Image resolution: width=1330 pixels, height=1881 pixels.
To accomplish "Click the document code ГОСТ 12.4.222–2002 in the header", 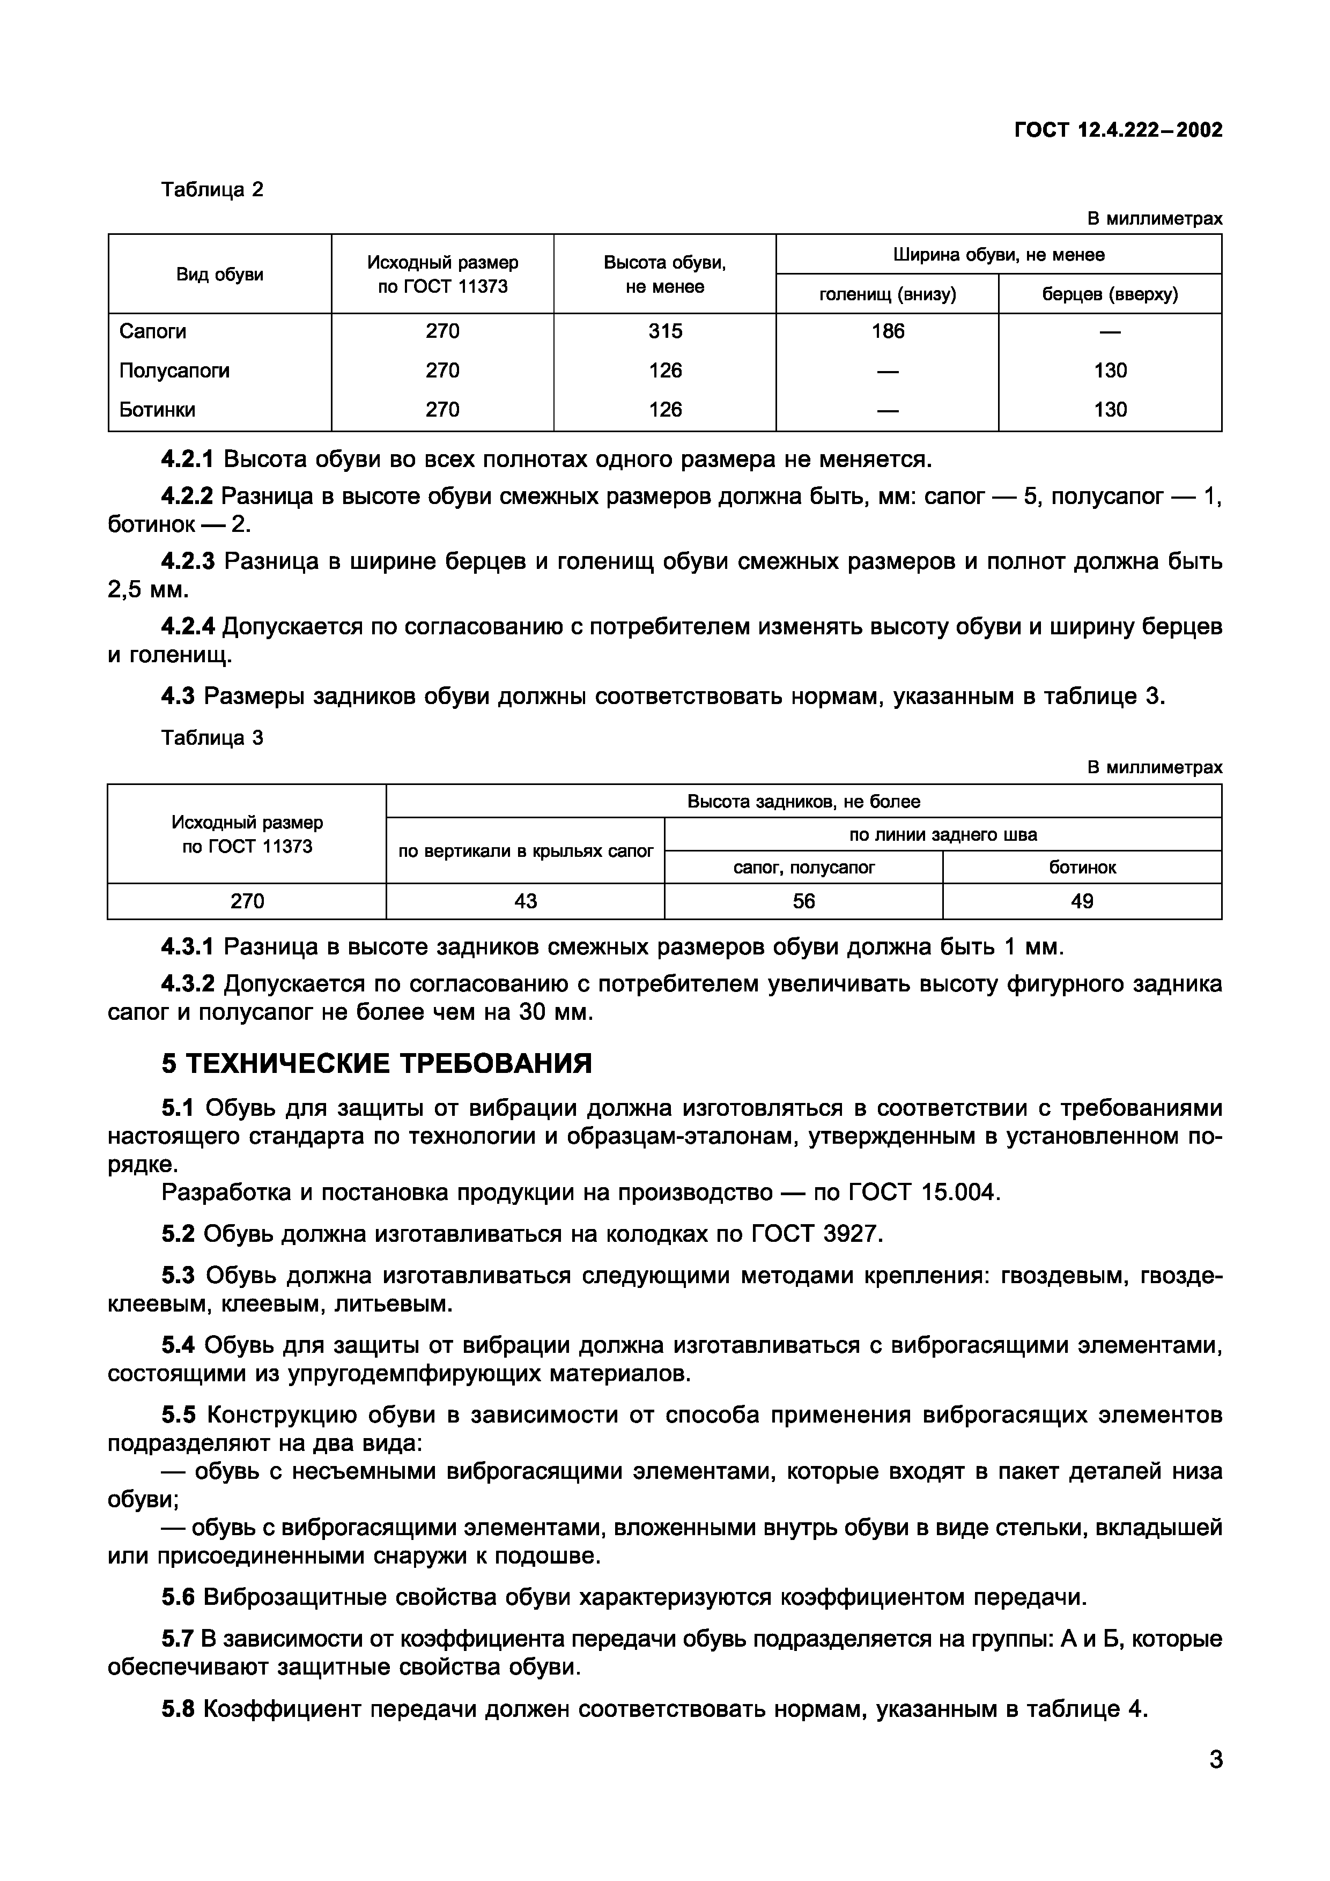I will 1118,130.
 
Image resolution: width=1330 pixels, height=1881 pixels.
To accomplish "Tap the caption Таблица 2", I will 212,190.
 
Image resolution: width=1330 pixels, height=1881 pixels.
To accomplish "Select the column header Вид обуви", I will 220,275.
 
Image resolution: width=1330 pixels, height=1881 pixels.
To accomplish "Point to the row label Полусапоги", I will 174,371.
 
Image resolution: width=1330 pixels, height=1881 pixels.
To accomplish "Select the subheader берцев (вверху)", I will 1110,294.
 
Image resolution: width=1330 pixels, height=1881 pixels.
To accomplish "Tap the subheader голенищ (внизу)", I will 888,294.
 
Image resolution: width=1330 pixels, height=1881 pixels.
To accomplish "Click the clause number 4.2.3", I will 188,561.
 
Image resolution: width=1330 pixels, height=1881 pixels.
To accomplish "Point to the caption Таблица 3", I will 212,738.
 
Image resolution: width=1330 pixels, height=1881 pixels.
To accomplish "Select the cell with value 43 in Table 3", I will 525,901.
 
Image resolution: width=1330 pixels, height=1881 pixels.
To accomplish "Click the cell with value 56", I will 804,901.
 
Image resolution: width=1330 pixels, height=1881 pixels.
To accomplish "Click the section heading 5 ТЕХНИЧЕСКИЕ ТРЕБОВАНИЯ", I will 376,1063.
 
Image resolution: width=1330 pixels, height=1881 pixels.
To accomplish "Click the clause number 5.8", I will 178,1710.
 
